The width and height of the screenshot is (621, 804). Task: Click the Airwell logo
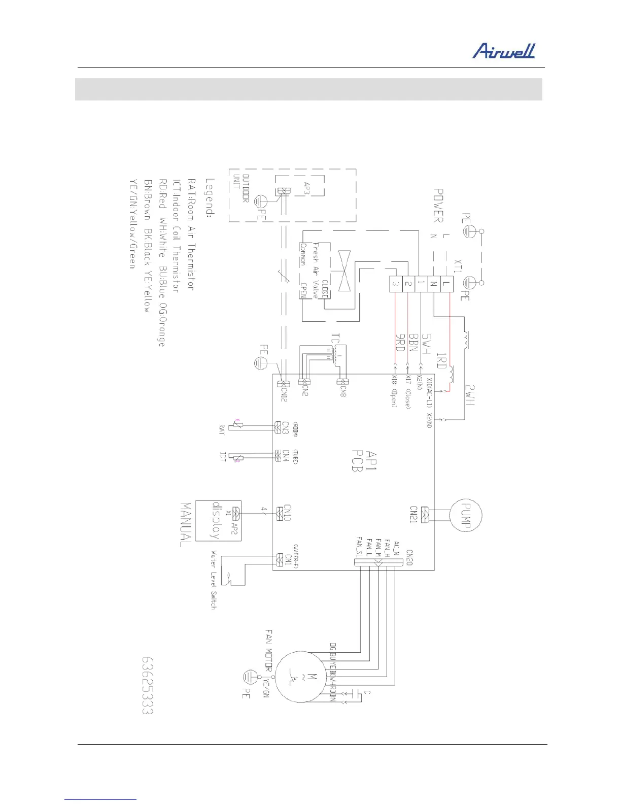pos(504,51)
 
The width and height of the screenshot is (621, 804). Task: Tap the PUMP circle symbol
pos(466,515)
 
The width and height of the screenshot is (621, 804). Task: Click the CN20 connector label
pos(408,557)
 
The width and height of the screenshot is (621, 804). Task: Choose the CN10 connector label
pos(288,514)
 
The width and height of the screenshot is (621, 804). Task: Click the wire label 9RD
pos(399,341)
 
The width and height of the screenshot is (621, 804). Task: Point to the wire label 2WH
pos(469,394)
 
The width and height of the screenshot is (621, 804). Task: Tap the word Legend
pos(210,198)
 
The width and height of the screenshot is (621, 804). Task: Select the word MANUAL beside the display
pos(186,524)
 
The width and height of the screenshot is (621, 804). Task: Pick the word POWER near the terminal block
pos(438,206)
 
